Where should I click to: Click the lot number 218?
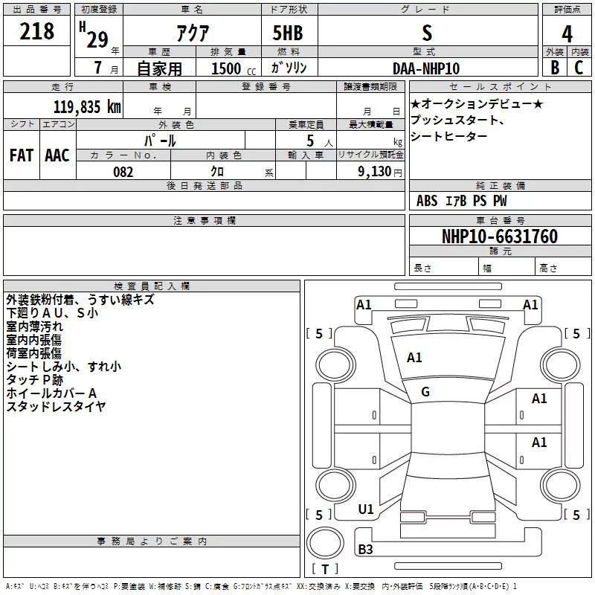click(37, 31)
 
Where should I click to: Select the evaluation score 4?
click(567, 33)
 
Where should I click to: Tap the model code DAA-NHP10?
click(426, 68)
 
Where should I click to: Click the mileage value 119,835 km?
click(87, 106)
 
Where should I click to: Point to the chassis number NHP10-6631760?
click(499, 237)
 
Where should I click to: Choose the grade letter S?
click(426, 33)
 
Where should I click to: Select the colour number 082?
click(123, 172)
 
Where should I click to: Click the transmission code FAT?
click(22, 155)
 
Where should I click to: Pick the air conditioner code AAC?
click(57, 155)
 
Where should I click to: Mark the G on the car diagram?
click(425, 392)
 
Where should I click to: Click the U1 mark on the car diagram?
click(366, 509)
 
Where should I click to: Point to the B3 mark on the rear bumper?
click(366, 550)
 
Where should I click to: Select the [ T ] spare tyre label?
click(325, 570)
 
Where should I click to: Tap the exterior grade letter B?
click(555, 68)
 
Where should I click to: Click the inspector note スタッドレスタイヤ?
click(56, 406)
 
